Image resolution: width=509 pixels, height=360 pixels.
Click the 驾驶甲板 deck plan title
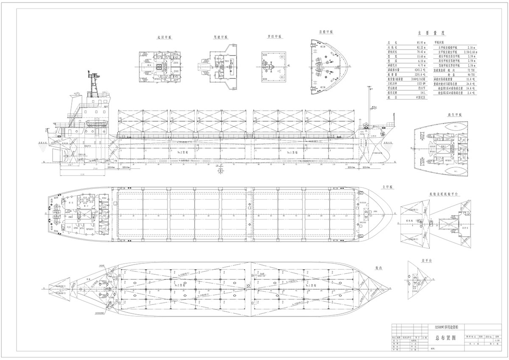pos(221,37)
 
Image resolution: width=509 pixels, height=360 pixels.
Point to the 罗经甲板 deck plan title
pos(274,37)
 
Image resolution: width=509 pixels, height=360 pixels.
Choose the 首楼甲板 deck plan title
pos(326,32)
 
